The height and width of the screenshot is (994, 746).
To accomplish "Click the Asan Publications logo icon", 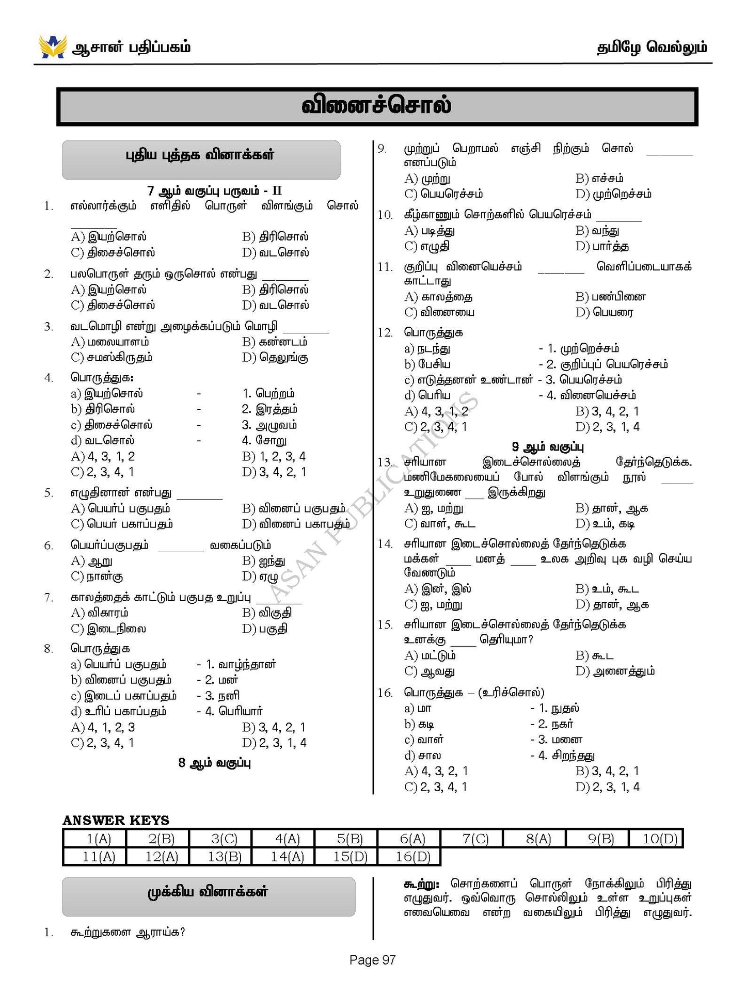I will (x=52, y=46).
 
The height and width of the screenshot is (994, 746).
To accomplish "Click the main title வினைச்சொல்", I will (x=376, y=106).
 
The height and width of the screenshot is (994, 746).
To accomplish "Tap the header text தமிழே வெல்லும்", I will (x=652, y=47).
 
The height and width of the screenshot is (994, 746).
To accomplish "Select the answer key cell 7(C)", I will (x=475, y=839).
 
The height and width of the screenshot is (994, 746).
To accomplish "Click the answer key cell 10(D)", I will (x=659, y=839).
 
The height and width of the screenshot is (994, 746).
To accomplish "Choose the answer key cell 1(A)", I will (x=98, y=839).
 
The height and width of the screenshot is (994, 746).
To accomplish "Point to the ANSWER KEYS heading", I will (x=116, y=820).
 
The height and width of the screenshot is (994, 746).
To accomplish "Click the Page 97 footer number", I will (x=372, y=960).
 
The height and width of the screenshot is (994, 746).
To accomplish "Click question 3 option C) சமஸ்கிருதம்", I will (x=112, y=357).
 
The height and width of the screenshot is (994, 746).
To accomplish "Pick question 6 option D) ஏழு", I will (x=260, y=576).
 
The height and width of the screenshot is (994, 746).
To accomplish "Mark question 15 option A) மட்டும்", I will (x=430, y=655).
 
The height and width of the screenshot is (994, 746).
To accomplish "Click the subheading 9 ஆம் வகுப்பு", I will (x=548, y=446).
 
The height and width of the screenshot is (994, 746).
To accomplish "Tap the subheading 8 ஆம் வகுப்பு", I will (x=214, y=763).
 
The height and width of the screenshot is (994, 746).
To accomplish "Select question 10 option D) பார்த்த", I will (x=602, y=246).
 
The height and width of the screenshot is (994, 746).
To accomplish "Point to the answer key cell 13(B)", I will (x=224, y=857).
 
